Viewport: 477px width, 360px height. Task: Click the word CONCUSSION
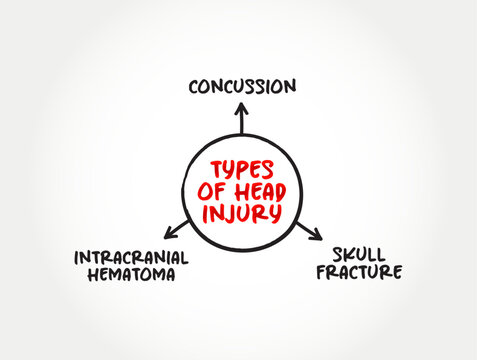coord(241,86)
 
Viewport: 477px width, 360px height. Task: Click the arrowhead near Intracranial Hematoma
coord(168,234)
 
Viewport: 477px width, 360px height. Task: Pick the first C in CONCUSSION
coord(193,86)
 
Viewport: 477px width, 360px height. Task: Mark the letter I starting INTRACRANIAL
coord(77,257)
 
